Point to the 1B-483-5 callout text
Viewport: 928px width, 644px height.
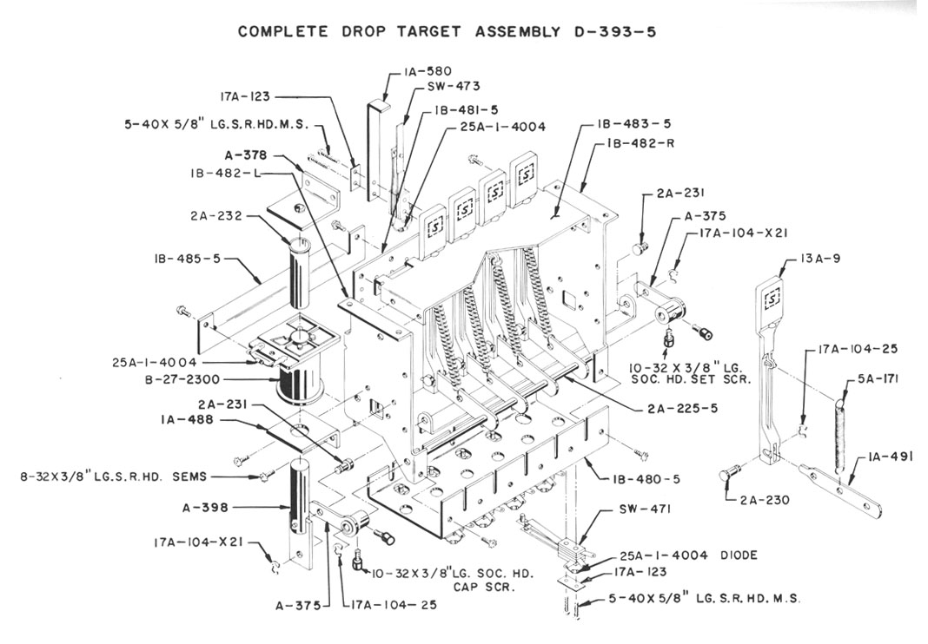pos(634,124)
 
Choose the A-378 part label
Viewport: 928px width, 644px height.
pos(243,156)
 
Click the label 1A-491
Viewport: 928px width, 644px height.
pos(886,457)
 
